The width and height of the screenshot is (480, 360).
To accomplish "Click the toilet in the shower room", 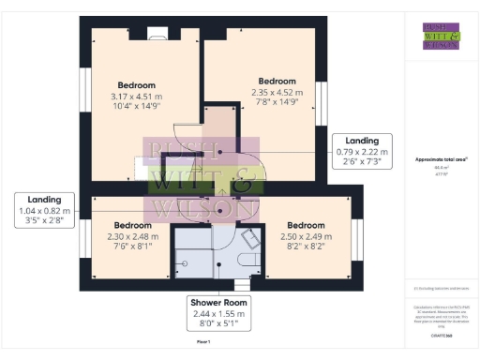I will (250, 260).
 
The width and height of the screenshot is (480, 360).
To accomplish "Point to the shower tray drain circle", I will (184, 263).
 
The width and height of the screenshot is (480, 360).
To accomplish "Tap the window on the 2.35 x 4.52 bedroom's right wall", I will (322, 103).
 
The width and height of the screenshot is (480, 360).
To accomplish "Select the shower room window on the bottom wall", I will (242, 284).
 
